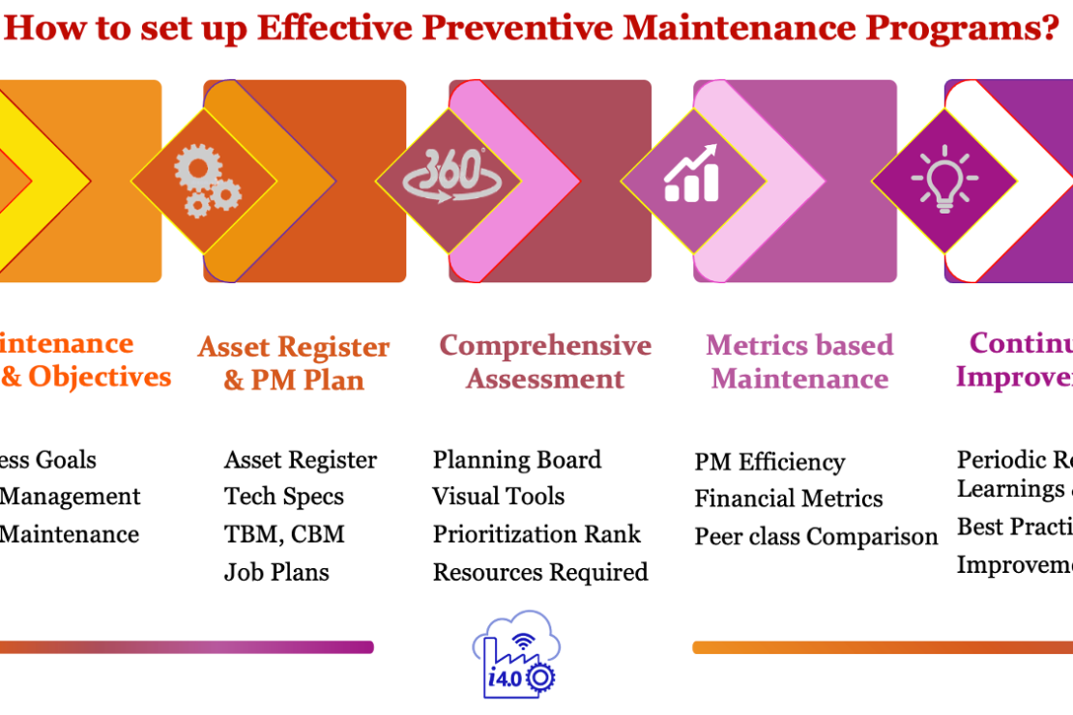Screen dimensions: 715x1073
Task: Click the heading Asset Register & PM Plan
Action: click(x=294, y=363)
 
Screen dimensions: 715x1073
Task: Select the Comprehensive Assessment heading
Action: click(x=545, y=362)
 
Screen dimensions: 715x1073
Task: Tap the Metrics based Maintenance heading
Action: click(x=799, y=362)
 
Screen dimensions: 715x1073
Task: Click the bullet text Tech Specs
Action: click(x=284, y=497)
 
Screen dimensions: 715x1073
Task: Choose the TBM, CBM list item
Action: click(x=284, y=534)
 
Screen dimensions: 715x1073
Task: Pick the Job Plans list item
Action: click(x=276, y=572)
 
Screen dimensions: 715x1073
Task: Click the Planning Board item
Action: click(x=517, y=460)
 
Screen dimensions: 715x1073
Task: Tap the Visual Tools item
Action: click(x=499, y=497)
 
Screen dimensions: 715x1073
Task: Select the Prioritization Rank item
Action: click(x=536, y=534)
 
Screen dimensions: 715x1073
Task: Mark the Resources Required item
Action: click(x=540, y=572)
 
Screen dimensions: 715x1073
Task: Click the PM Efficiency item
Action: click(x=769, y=462)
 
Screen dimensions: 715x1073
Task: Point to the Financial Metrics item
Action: click(x=789, y=499)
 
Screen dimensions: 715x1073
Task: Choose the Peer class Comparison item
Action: click(x=816, y=536)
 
